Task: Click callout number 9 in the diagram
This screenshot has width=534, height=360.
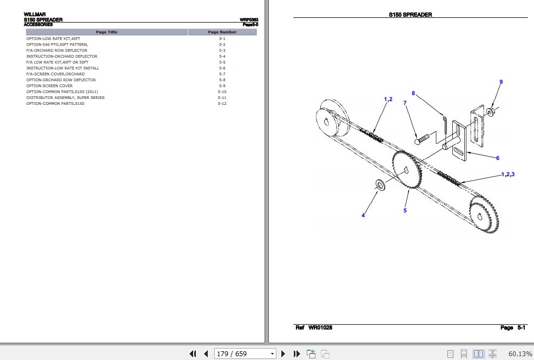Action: click(501, 82)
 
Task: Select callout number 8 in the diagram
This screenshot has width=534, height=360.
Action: click(413, 93)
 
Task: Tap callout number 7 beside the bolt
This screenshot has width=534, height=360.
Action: click(405, 103)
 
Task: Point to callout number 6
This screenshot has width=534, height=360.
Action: click(498, 158)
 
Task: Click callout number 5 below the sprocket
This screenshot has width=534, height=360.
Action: click(405, 210)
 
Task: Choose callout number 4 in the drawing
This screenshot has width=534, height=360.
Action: click(363, 216)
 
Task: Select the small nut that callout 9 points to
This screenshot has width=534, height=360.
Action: click(489, 112)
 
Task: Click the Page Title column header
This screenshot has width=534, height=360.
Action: click(106, 32)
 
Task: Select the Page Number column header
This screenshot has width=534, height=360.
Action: click(222, 32)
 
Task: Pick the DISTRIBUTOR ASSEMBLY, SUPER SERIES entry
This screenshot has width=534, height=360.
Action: click(65, 98)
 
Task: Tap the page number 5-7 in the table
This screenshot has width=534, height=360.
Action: click(222, 74)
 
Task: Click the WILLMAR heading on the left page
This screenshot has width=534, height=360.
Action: click(35, 15)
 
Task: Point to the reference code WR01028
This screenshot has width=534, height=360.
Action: click(320, 328)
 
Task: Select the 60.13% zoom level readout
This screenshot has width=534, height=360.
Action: click(520, 354)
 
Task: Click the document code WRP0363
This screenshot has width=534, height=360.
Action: click(249, 20)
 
